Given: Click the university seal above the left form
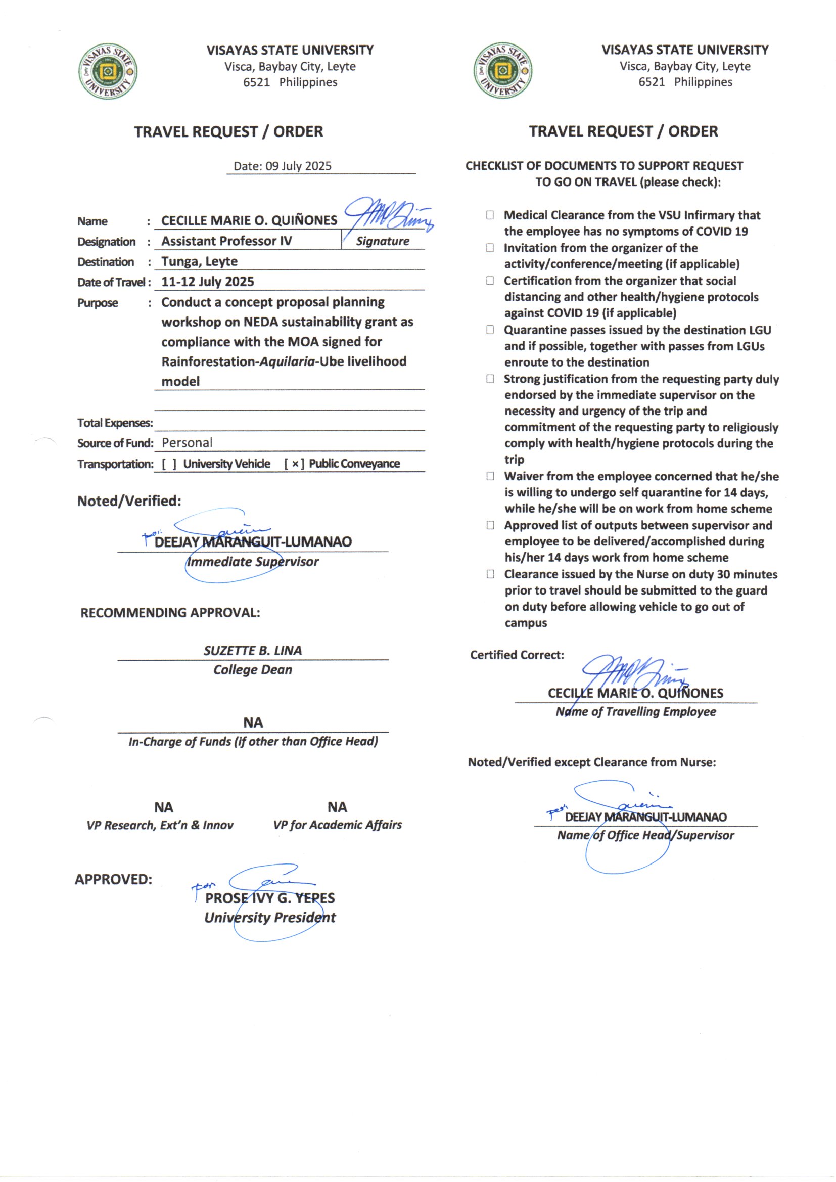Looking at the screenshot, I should [108, 71].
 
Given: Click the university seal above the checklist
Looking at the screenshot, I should [502, 71].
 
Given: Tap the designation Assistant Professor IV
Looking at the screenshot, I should [226, 241].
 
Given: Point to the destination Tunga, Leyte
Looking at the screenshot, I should [199, 261].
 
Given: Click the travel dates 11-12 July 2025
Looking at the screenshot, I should [207, 282].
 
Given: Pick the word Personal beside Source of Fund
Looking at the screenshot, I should [187, 443].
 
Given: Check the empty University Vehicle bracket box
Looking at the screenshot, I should [169, 464].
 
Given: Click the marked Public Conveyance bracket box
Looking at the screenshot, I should [295, 464].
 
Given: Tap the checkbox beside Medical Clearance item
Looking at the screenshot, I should [490, 215].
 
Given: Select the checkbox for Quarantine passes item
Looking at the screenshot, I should [490, 330].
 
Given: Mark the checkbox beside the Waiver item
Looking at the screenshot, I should [490, 476].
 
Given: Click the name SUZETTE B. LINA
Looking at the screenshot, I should [253, 651].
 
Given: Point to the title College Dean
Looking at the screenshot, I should [253, 670].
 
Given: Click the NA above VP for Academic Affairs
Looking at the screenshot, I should [337, 807].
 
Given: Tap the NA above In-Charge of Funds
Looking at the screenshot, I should [253, 723].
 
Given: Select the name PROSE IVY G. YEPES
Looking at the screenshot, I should [270, 898].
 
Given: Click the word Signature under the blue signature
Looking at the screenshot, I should [383, 241].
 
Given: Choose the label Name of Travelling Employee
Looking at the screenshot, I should [636, 711].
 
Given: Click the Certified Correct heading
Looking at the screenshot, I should [517, 655].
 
